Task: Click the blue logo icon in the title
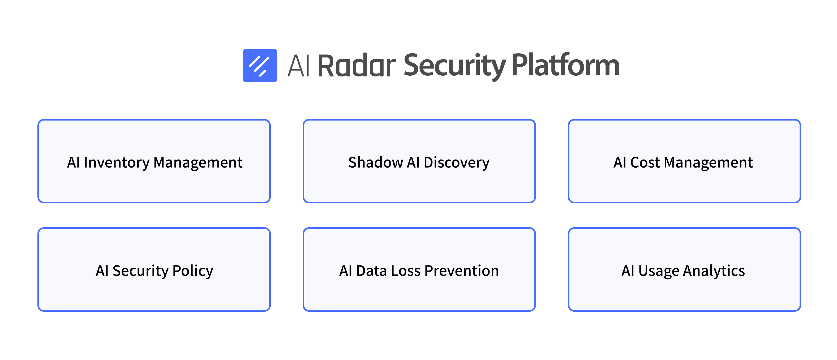click(260, 65)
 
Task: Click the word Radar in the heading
click(357, 65)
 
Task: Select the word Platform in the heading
click(566, 65)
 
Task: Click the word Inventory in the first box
click(117, 163)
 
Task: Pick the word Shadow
click(376, 162)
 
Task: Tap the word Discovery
click(457, 163)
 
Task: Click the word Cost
click(645, 162)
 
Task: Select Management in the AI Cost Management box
click(708, 163)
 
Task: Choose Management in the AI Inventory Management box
click(198, 163)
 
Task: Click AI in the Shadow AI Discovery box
click(413, 162)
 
